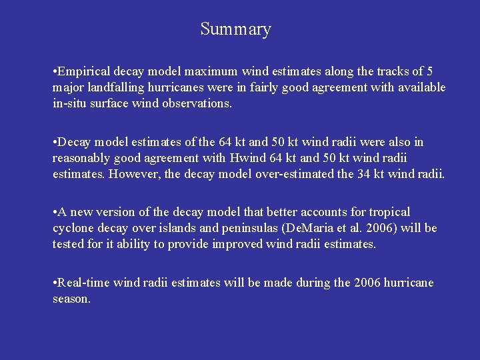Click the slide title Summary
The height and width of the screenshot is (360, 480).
pyautogui.click(x=235, y=29)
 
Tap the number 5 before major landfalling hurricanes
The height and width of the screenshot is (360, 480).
pyautogui.click(x=429, y=71)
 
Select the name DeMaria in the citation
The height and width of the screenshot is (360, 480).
pyautogui.click(x=302, y=228)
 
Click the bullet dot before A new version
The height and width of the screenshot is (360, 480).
pyautogui.click(x=55, y=212)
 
